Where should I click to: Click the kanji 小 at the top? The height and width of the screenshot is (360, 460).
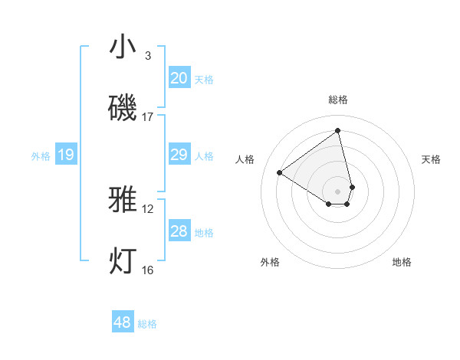[123, 48]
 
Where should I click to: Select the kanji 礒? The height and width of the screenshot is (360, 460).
[123, 108]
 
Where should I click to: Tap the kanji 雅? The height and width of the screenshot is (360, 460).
[123, 200]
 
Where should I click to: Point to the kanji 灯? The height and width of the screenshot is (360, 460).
[123, 260]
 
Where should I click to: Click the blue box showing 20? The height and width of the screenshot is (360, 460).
[179, 78]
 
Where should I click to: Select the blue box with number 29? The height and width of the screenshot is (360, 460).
[179, 155]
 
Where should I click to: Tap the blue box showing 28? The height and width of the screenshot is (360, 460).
[179, 231]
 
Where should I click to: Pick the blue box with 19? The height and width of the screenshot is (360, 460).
[66, 155]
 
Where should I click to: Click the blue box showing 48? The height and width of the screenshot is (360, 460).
[123, 322]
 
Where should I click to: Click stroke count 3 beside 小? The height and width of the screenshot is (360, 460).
[148, 56]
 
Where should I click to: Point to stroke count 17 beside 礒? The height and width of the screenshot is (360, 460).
[148, 117]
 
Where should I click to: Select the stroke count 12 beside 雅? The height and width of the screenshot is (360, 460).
[148, 208]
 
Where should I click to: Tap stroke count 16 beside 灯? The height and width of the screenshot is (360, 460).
[148, 270]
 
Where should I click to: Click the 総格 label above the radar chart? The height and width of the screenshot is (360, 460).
[338, 100]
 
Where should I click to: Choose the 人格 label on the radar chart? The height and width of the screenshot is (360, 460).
[245, 159]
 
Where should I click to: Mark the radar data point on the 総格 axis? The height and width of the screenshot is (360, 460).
[338, 131]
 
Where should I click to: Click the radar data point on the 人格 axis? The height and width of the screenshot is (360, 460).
[280, 172]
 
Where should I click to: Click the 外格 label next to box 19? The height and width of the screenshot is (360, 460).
[41, 156]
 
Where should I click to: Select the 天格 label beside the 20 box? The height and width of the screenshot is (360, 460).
[204, 79]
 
